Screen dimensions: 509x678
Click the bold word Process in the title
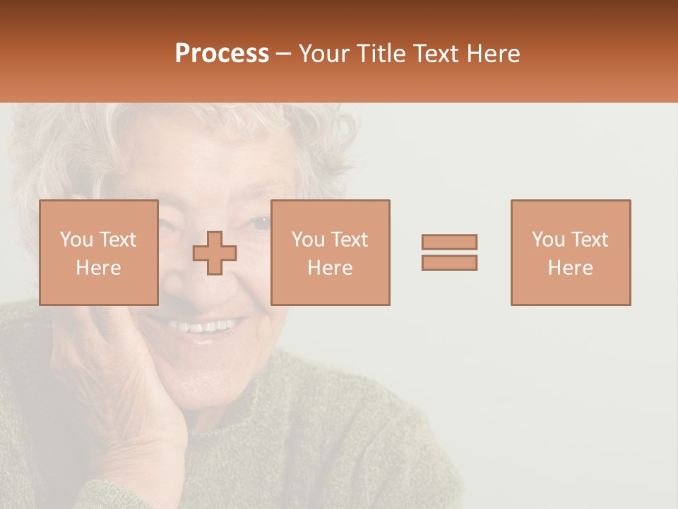click(222, 54)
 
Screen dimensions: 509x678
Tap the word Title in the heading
click(381, 54)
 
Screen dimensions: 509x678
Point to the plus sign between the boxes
click(215, 253)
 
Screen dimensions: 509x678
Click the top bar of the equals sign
click(449, 242)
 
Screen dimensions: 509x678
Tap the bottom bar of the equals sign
click(449, 263)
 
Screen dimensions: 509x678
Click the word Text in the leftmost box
click(118, 240)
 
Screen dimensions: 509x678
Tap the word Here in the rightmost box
click(571, 268)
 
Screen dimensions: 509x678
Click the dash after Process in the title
click(283, 54)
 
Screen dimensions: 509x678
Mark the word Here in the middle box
click(331, 268)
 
